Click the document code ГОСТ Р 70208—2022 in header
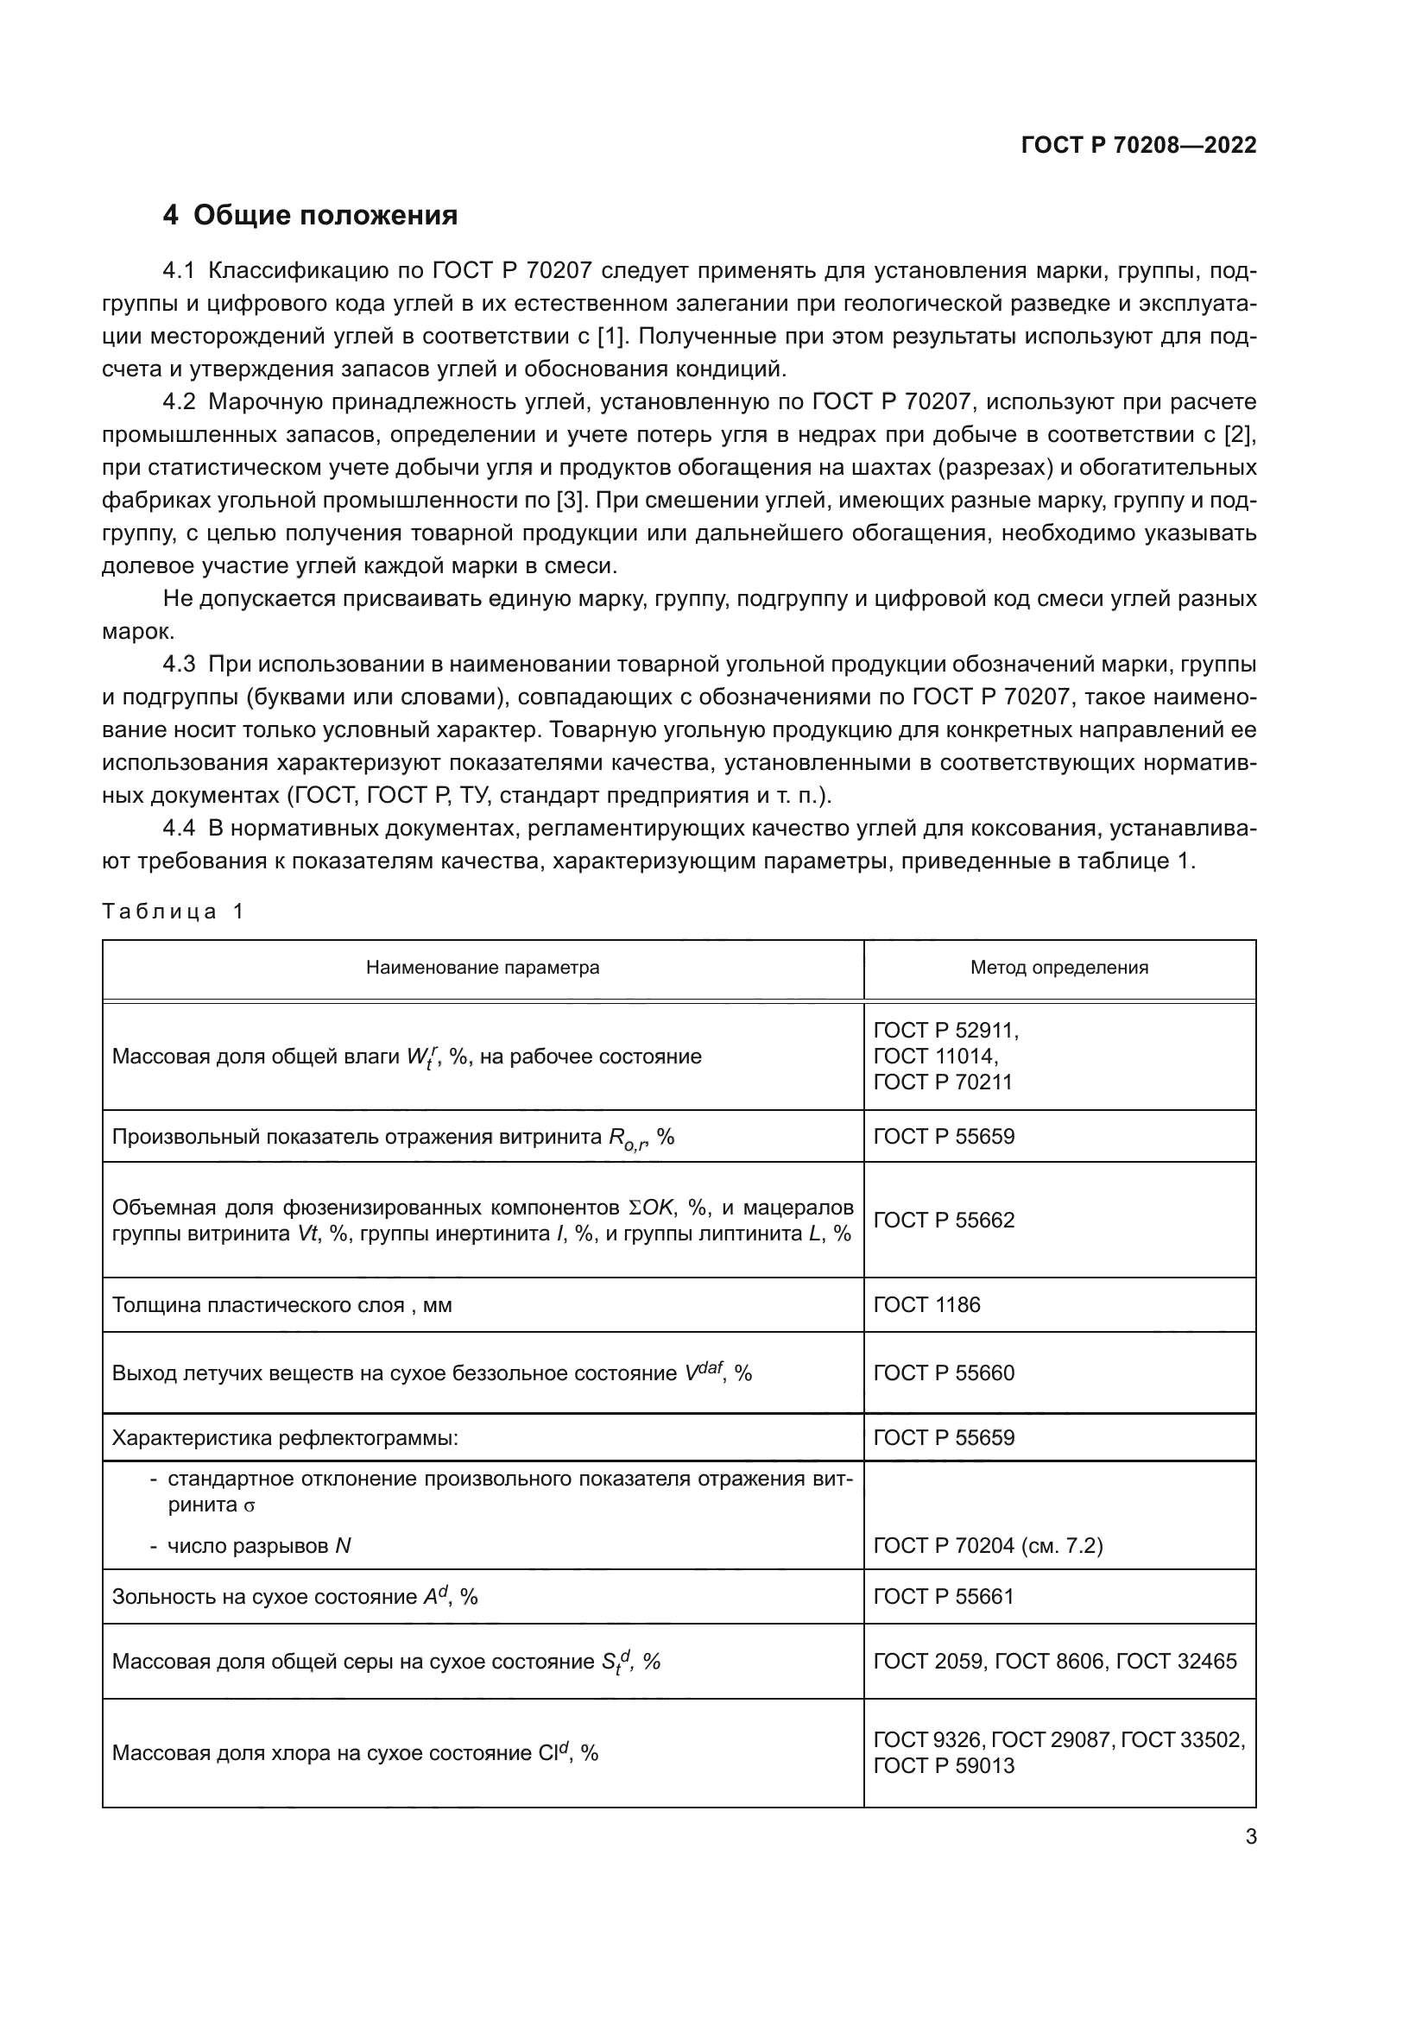[x=1138, y=145]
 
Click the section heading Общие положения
[x=325, y=215]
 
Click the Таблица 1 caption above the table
[x=174, y=911]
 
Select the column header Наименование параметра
[x=483, y=968]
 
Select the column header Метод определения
[x=1058, y=968]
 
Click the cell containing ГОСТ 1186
[x=926, y=1305]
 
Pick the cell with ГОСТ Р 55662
[x=944, y=1220]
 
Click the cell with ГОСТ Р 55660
[x=944, y=1372]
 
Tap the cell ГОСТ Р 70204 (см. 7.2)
[x=988, y=1546]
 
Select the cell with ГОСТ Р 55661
[x=944, y=1596]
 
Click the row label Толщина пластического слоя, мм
[x=281, y=1305]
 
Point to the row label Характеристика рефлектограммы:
[x=285, y=1438]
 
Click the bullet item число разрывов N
[x=258, y=1546]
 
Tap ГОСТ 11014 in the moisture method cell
[x=935, y=1055]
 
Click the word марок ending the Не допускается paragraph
[x=138, y=631]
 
